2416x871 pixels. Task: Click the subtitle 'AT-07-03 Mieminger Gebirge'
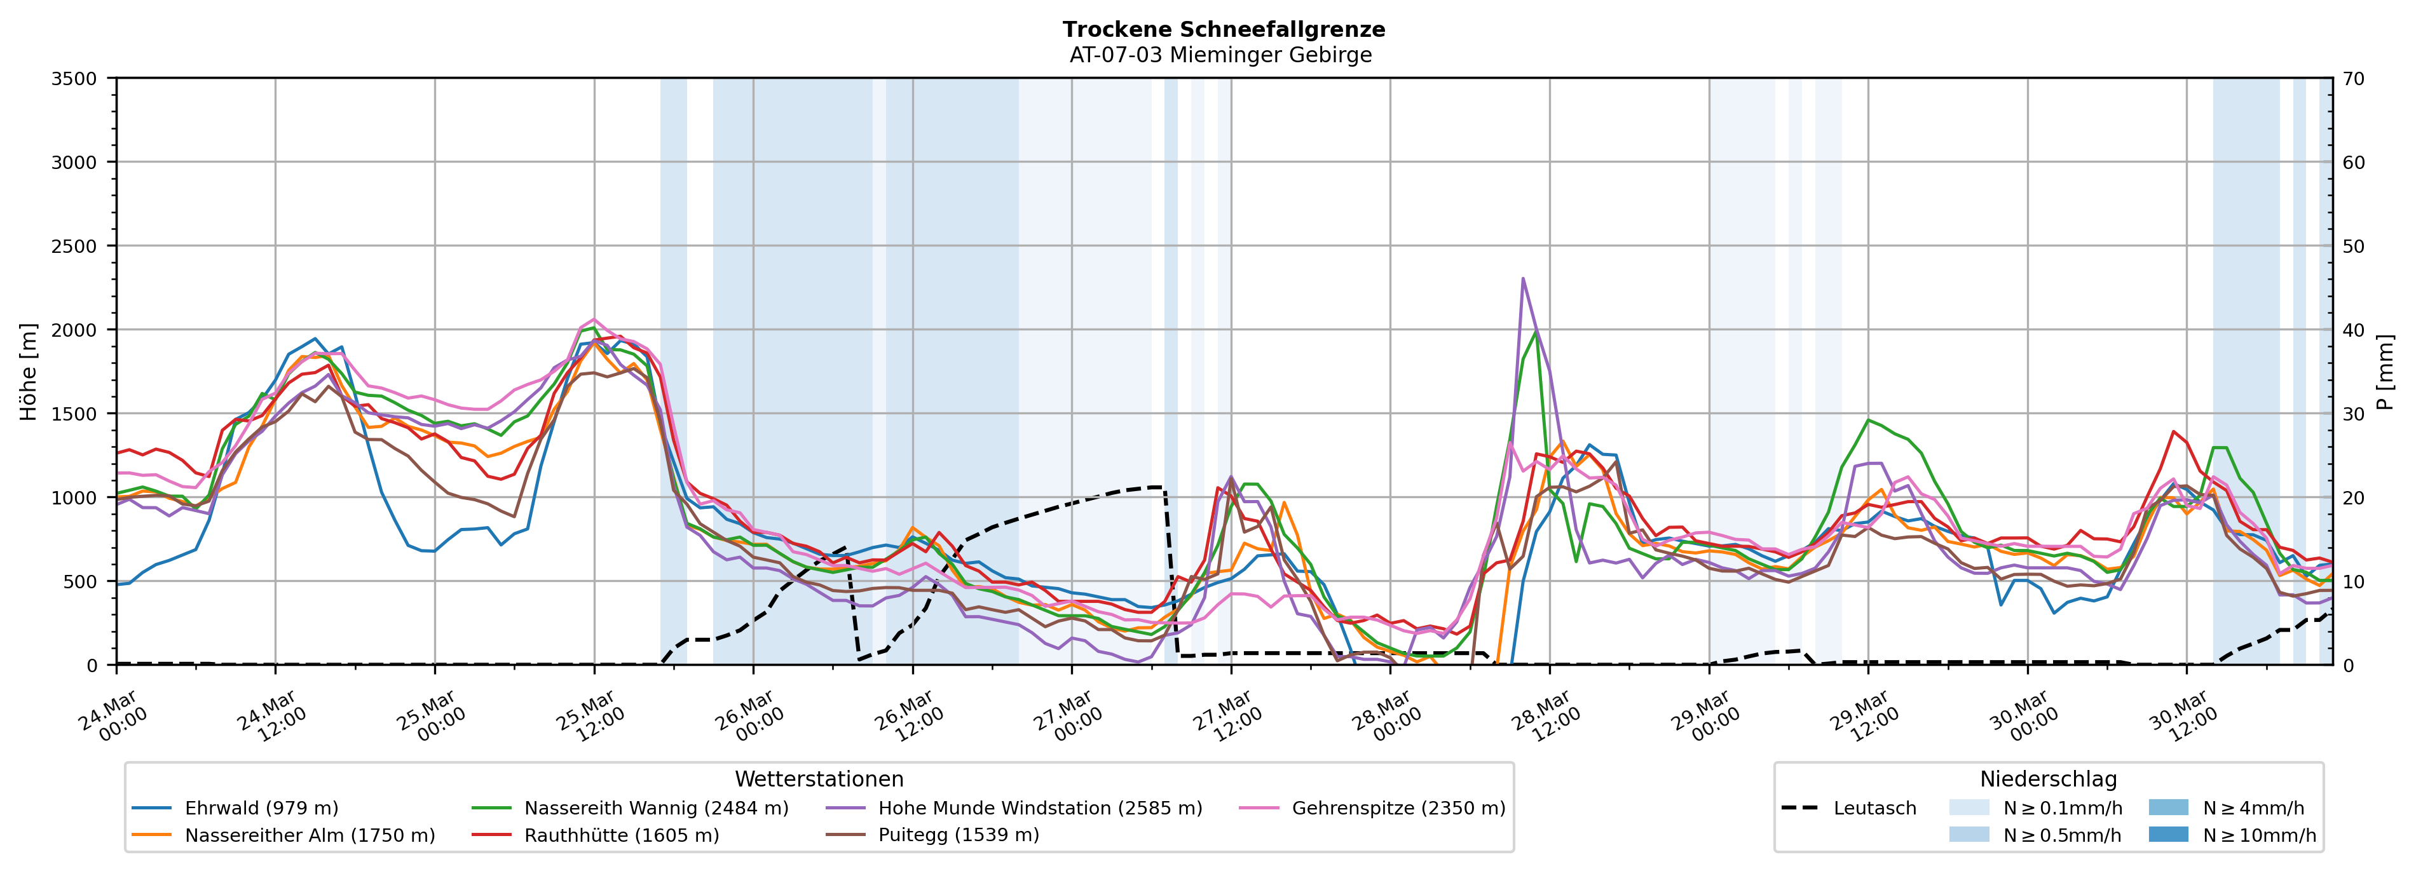(1220, 55)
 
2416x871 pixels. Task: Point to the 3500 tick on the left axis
(74, 79)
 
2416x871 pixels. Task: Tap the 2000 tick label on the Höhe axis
(74, 330)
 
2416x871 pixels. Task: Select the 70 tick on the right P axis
(2353, 79)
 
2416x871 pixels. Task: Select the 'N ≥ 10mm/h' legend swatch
(2167, 834)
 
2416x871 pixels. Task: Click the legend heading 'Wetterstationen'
(819, 779)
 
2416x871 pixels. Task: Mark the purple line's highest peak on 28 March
(1522, 278)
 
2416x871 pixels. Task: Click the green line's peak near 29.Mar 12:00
(1868, 420)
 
